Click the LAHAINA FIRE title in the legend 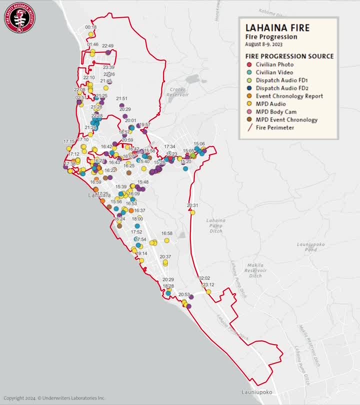click(x=274, y=28)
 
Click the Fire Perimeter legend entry click(x=274, y=127)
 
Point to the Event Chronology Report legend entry click(x=288, y=96)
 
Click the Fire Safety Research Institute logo click(x=20, y=17)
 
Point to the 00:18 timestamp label click(x=91, y=27)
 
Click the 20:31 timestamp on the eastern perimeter click(x=192, y=205)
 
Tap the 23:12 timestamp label click(x=208, y=284)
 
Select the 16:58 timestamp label click(x=166, y=233)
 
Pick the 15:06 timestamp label click(x=199, y=143)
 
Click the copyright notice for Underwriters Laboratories click(x=53, y=398)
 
